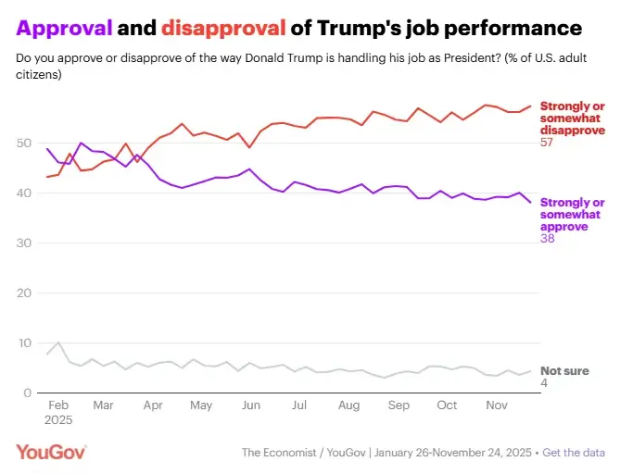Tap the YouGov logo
point(51,452)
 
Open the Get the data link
point(574,453)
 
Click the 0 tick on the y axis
point(28,393)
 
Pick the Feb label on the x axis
point(57,405)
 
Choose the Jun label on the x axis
point(250,405)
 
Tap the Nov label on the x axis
point(498,405)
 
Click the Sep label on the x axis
point(399,405)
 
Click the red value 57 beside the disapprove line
point(547,142)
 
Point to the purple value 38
point(547,238)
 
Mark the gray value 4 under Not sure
point(543,382)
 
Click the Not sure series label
point(563,371)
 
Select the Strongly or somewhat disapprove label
point(572,118)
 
